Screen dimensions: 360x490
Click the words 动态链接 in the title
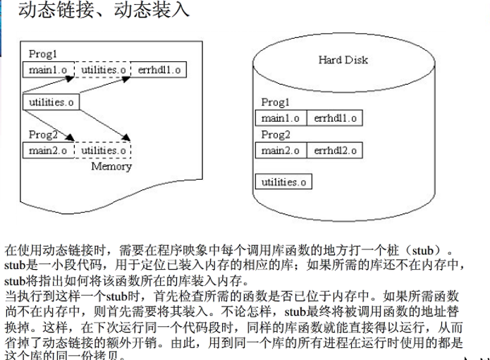click(54, 11)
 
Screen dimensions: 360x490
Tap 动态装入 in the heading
click(152, 11)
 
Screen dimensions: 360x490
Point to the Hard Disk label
click(343, 60)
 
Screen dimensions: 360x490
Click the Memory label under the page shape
click(111, 167)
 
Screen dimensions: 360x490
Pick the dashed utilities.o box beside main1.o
click(103, 70)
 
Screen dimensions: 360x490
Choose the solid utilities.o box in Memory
click(51, 103)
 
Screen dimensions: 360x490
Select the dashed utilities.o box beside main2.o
click(103, 150)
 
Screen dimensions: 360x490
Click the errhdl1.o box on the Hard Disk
click(334, 118)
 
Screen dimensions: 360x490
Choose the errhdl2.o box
click(334, 150)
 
